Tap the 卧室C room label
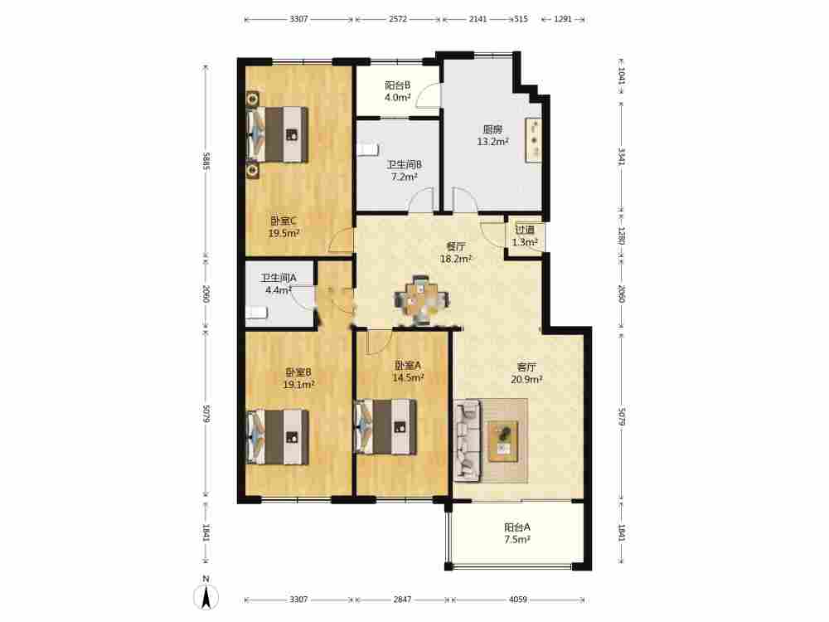pos(284,221)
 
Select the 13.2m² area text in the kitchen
pos(492,142)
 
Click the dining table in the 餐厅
pos(423,300)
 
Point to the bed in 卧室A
pos(385,427)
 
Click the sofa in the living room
pos(468,440)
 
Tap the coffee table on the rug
pos(503,441)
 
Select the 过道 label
pos(525,230)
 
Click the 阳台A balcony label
pos(517,527)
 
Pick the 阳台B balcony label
pos(398,85)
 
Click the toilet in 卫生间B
pos(367,149)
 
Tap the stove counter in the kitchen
pos(533,140)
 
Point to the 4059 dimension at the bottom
pos(518,600)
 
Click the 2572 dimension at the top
pos(398,19)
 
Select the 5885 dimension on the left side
pos(206,161)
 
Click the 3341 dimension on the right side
pos(622,157)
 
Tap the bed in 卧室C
pos(278,134)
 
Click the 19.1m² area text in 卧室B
pos(298,385)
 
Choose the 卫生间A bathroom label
pos(279,278)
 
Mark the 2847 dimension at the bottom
pos(402,600)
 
